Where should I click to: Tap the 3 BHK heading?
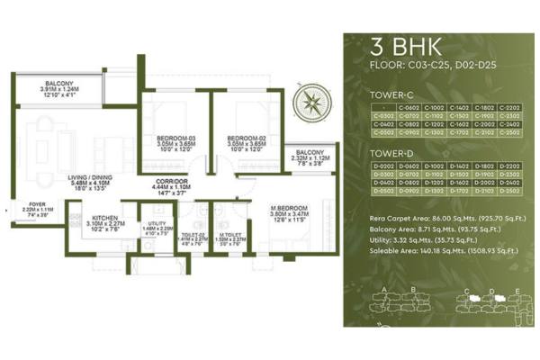tap(397, 46)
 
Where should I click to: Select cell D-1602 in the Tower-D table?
tap(458, 183)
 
